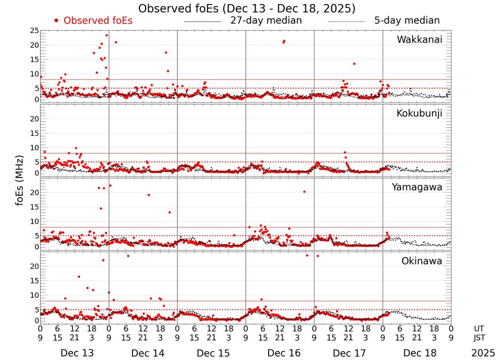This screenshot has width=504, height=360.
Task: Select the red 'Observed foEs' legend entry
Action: pyautogui.click(x=93, y=21)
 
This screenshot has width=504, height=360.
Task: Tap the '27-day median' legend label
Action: pyautogui.click(x=266, y=21)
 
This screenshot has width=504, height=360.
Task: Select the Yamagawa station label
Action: pyautogui.click(x=417, y=187)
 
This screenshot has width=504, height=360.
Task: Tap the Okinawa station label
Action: pyautogui.click(x=421, y=261)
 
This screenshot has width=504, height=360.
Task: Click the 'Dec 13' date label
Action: pyautogui.click(x=75, y=353)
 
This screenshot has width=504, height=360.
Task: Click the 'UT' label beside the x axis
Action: pyautogui.click(x=479, y=328)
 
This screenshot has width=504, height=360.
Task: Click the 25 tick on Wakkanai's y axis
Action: pyautogui.click(x=35, y=31)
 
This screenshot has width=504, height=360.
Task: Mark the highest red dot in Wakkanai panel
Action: pyautogui.click(x=106, y=35)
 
